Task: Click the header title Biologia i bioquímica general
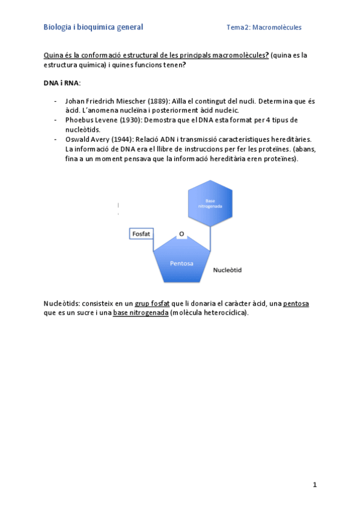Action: point(93,27)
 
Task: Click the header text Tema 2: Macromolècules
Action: point(264,28)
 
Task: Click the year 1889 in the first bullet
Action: point(159,101)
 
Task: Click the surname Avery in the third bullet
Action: point(105,139)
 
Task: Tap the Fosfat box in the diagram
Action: point(141,233)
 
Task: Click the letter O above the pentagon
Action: point(182,233)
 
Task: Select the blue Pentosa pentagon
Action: point(182,263)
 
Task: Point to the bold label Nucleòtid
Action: point(227,270)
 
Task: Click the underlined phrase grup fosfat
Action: point(152,304)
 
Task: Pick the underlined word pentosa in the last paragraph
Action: point(296,304)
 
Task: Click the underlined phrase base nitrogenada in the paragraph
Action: point(141,313)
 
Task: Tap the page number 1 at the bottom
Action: point(314,485)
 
